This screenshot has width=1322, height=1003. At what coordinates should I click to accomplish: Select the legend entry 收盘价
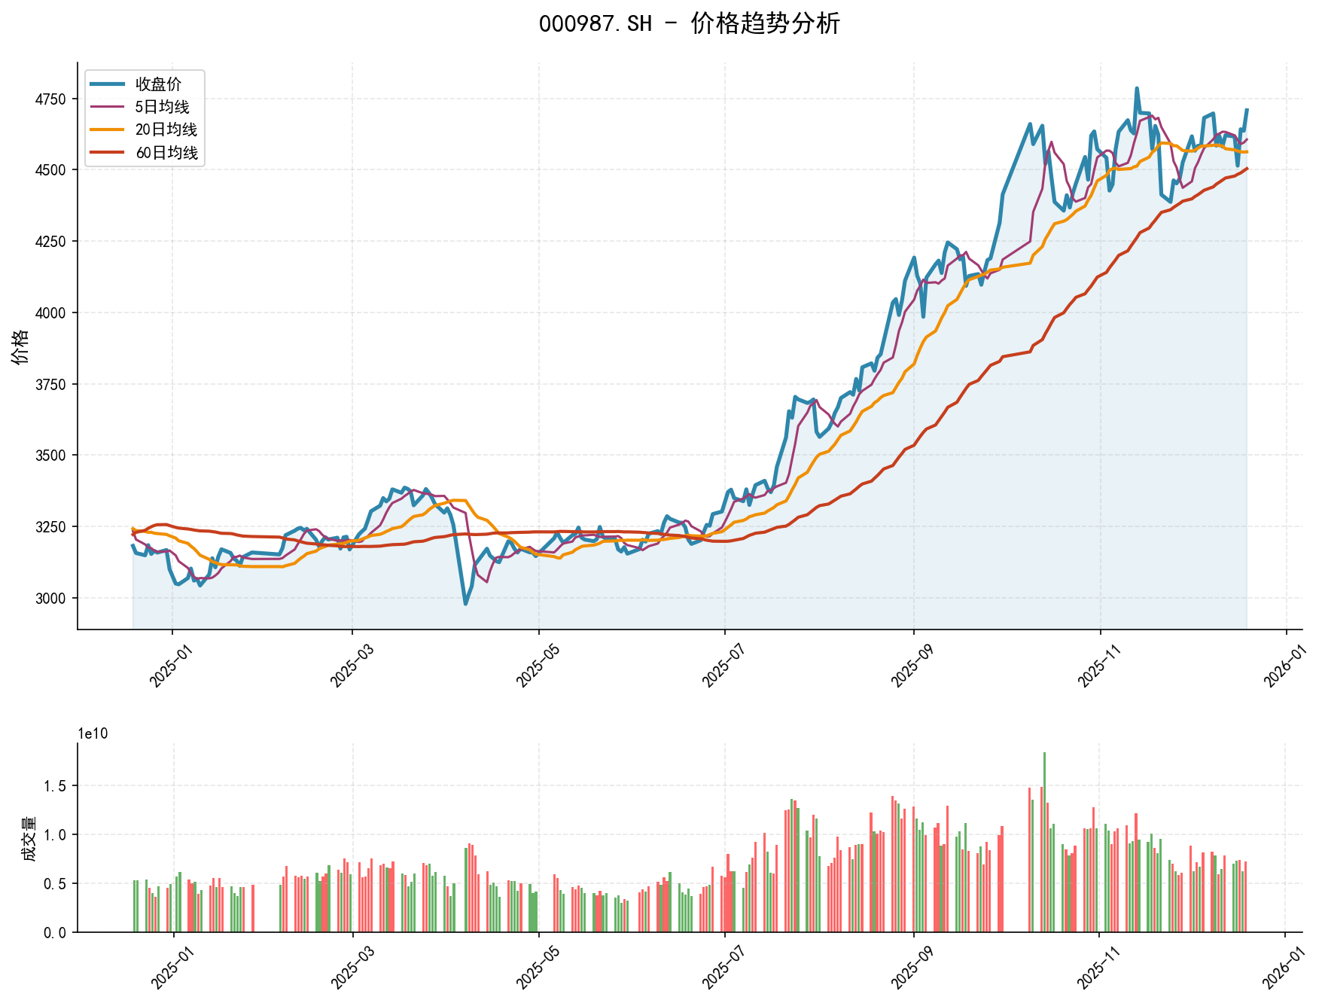tap(158, 84)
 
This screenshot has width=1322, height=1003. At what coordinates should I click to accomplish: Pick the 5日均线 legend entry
tap(162, 107)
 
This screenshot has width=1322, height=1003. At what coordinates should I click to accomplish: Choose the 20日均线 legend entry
tap(166, 130)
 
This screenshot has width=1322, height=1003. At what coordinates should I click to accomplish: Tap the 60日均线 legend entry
tap(166, 153)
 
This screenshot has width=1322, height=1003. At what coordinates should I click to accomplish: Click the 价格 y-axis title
tap(20, 346)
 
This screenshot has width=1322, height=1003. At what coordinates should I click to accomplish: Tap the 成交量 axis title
tap(29, 838)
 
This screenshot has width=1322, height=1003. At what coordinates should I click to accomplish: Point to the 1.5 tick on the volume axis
tap(56, 786)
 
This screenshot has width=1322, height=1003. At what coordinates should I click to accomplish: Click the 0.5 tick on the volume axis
tap(56, 883)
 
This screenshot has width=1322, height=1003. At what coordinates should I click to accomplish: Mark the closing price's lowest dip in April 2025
tap(465, 604)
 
